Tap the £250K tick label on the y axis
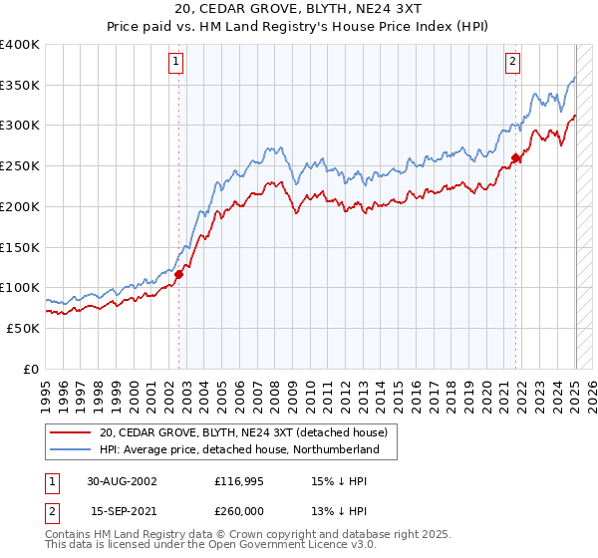click(19, 165)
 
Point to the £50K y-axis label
click(23, 328)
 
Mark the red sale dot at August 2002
click(179, 274)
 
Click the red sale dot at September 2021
click(516, 157)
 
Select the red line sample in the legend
click(70, 432)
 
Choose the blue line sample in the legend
click(70, 450)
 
